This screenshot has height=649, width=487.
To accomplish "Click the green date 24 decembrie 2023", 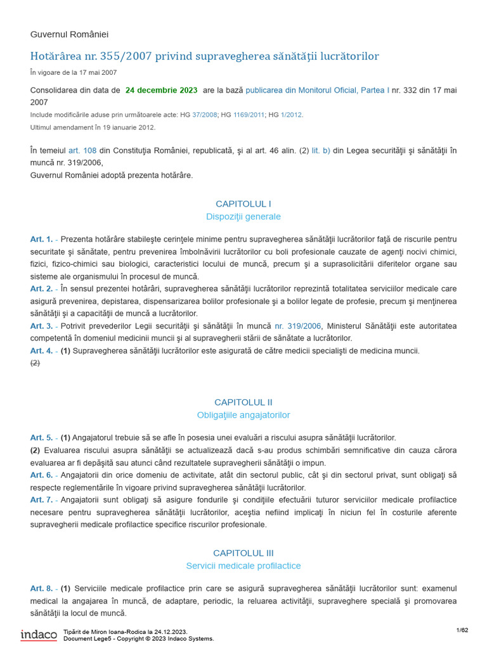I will pyautogui.click(x=161, y=90).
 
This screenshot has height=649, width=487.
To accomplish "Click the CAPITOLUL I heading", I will pyautogui.click(x=243, y=203).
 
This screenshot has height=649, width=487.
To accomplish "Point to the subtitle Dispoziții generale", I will pyautogui.click(x=243, y=217).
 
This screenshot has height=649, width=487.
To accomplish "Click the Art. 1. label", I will pyautogui.click(x=41, y=239).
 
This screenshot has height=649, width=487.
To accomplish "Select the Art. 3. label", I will pyautogui.click(x=41, y=326).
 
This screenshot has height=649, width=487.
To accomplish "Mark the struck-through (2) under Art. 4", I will pyautogui.click(x=35, y=363).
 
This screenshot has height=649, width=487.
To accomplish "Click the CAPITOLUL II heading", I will pyautogui.click(x=243, y=402).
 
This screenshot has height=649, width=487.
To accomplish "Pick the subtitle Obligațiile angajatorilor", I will pyautogui.click(x=243, y=415).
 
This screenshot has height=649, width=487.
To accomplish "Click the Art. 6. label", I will pyautogui.click(x=41, y=475).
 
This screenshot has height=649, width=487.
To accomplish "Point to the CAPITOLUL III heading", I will pyautogui.click(x=243, y=553).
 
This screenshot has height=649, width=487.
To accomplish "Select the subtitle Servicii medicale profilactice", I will pyautogui.click(x=243, y=565).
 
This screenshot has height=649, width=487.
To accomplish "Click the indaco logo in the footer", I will pyautogui.click(x=39, y=634).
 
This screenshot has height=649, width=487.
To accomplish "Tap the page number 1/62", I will pyautogui.click(x=462, y=629).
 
